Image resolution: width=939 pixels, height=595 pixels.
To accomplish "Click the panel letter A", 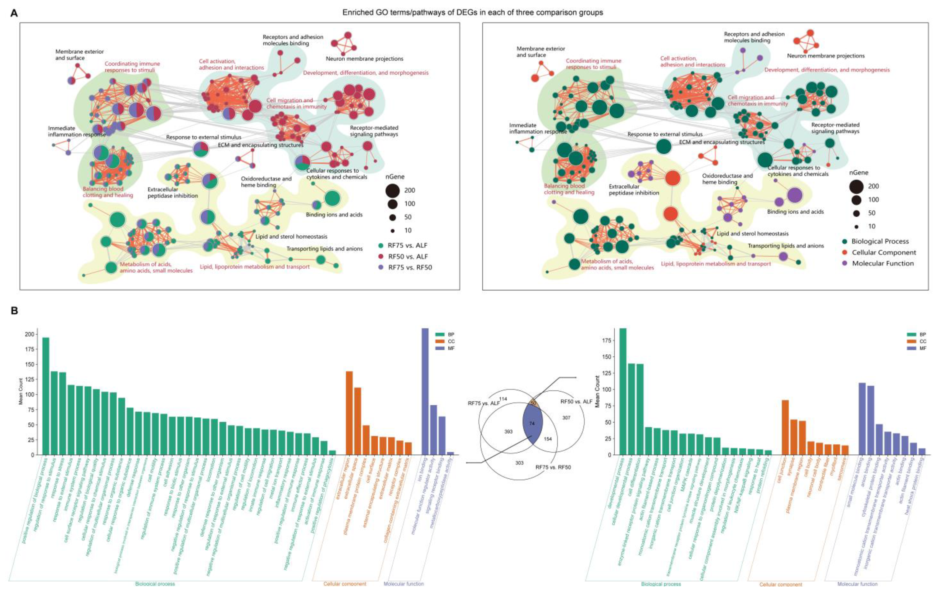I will [14, 13].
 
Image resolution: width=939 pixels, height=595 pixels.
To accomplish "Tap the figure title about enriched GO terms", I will [473, 13].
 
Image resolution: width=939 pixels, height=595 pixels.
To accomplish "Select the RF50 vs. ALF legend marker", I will [382, 256].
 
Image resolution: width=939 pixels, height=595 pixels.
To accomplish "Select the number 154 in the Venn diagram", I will [548, 439].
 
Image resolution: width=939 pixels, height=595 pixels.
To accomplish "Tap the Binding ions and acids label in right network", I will [795, 212].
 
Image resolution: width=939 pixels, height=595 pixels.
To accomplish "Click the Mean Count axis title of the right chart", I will [597, 392].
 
